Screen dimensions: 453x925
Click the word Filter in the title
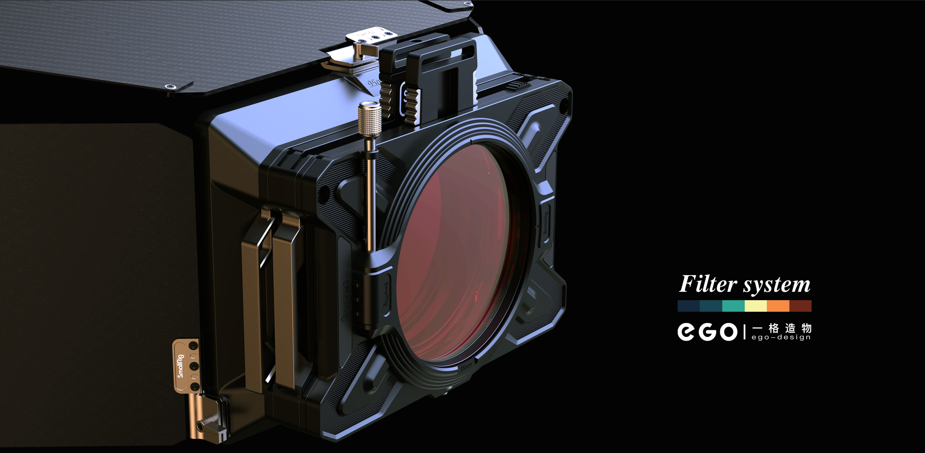click(x=708, y=284)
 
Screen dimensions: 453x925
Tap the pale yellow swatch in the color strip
click(x=756, y=306)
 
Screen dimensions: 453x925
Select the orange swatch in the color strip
click(x=778, y=306)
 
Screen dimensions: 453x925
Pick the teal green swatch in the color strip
click(x=733, y=306)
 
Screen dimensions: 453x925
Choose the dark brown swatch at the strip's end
click(x=800, y=306)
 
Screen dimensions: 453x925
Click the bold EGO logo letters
click(x=707, y=332)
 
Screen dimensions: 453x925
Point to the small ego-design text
click(x=781, y=337)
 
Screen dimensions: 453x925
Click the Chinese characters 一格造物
click(x=782, y=328)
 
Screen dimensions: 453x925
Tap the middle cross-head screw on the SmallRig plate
click(x=194, y=366)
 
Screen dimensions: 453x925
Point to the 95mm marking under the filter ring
click(x=466, y=367)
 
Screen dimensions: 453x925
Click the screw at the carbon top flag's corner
click(x=170, y=86)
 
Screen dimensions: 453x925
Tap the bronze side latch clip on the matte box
click(x=274, y=297)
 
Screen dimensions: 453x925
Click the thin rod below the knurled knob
click(x=370, y=195)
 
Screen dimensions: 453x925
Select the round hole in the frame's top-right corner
click(x=564, y=105)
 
